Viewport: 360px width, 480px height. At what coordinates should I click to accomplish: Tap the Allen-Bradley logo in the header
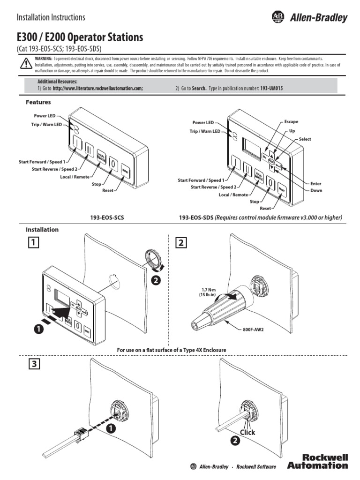(309, 18)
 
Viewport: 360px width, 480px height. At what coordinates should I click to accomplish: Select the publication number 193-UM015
(275, 88)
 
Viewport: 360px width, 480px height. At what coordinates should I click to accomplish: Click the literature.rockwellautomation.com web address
(97, 88)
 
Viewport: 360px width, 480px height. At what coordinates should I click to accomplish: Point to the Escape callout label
(291, 122)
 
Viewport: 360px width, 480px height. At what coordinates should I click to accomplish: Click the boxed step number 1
(32, 242)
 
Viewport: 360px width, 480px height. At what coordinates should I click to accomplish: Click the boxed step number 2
(180, 242)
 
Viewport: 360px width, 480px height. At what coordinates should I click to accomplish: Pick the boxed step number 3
(32, 364)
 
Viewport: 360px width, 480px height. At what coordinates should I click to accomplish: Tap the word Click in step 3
(247, 432)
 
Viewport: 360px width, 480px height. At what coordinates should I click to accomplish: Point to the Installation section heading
(42, 230)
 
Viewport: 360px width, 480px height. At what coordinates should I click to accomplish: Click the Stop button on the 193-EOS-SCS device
(113, 165)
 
